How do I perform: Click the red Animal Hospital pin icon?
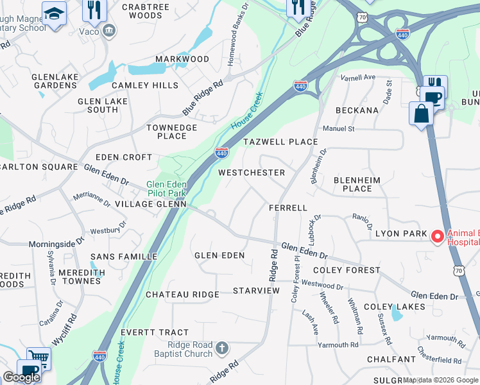[438, 237]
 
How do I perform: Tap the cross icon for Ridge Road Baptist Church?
[221, 348]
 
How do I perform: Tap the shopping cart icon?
[39, 357]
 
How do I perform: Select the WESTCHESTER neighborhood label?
[251, 173]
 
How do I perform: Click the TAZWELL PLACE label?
[280, 142]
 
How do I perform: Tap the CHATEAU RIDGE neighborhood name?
[182, 295]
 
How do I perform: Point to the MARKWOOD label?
[182, 59]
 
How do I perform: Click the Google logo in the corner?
[21, 377]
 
